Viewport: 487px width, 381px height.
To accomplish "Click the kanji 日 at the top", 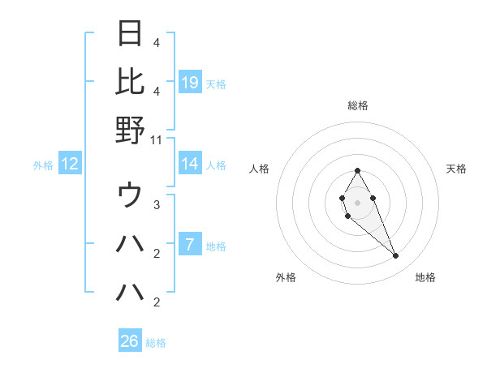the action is (x=131, y=34).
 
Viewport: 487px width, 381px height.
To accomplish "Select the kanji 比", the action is (x=131, y=82).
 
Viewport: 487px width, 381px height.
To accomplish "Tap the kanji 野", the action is (x=131, y=130).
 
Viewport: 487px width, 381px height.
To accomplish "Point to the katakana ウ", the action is (x=131, y=195).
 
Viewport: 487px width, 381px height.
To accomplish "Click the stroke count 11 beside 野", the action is (x=157, y=139).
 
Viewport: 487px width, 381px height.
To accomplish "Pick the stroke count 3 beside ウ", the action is (x=157, y=205).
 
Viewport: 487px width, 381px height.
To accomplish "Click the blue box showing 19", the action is (x=190, y=82).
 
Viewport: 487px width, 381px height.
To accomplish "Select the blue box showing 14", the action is (x=190, y=164).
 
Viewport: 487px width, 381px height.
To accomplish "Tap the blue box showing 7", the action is (x=190, y=244).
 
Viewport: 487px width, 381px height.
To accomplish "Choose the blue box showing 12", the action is (x=69, y=164).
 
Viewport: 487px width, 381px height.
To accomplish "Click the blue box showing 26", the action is (x=130, y=341).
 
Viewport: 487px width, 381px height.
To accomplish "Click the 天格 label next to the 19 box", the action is (x=216, y=83).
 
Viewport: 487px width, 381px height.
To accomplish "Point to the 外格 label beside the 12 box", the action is (x=43, y=165).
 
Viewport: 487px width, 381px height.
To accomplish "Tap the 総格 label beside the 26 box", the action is (x=156, y=343).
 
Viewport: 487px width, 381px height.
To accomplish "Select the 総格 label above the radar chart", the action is (x=357, y=105).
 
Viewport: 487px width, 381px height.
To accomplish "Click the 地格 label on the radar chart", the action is (x=425, y=277).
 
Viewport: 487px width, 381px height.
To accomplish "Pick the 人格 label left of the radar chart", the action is (x=259, y=169).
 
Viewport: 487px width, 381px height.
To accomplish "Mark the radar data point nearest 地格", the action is (x=395, y=255).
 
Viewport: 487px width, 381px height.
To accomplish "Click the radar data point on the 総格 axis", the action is (x=357, y=170).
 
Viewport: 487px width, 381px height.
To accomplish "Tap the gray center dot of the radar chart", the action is (x=357, y=201).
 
